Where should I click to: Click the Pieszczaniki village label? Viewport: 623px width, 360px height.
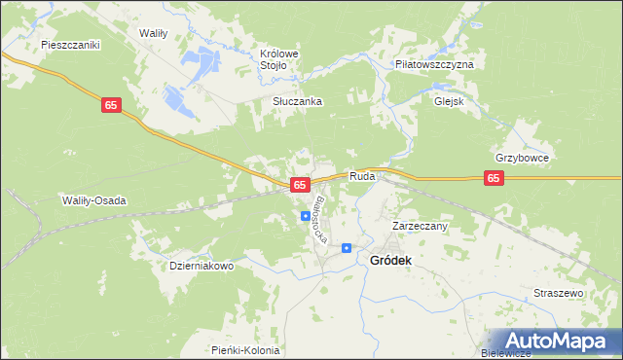[71, 45]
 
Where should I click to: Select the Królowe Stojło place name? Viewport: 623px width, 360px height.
[277, 59]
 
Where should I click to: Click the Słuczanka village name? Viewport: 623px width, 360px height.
[297, 101]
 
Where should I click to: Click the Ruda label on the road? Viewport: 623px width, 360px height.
[362, 177]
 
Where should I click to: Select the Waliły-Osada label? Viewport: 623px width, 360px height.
[95, 200]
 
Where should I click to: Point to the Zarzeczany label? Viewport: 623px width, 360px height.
[419, 226]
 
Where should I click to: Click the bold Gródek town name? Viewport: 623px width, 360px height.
[391, 261]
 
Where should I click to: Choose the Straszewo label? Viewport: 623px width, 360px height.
[558, 293]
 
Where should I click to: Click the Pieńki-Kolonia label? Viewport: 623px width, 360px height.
[245, 350]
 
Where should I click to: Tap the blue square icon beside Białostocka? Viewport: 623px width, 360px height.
[305, 216]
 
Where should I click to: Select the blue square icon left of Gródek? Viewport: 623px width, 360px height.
[346, 248]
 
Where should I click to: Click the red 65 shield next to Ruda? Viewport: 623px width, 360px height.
[300, 184]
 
